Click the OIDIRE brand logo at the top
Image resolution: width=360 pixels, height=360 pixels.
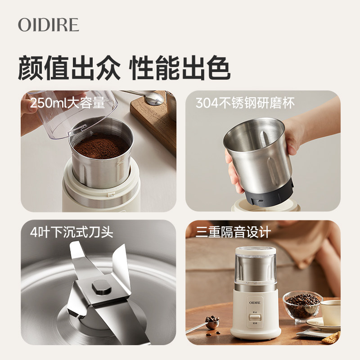point(48,25)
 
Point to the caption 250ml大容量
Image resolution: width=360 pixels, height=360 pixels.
point(67,103)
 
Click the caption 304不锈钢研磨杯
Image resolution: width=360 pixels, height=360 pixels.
point(245,103)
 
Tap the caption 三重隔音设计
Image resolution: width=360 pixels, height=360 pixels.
point(233,232)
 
